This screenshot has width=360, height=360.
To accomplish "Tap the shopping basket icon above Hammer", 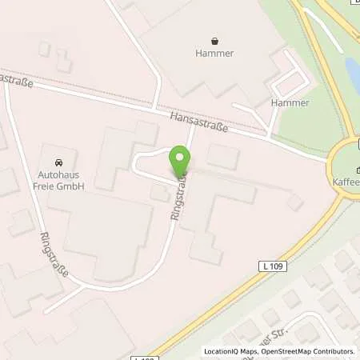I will click(x=214, y=40).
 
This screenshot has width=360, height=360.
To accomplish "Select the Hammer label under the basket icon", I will click(x=214, y=54).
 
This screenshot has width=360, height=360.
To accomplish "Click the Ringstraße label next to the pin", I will click(x=180, y=196).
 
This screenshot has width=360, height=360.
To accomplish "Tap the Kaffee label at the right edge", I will click(x=347, y=182).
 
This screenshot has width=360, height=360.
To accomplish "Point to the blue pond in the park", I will click(x=352, y=72).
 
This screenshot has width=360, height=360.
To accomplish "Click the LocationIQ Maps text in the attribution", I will click(x=230, y=351).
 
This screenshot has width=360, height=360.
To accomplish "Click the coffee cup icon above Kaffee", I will click(x=357, y=168).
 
